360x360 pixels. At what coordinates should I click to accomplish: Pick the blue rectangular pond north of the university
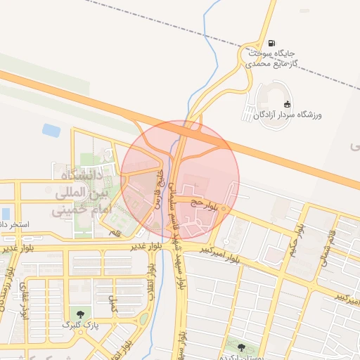pyautogui.click(x=51, y=130)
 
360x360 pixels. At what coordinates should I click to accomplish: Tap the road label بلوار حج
pyautogui.click(x=210, y=204)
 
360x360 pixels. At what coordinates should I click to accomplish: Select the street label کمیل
pyautogui.click(x=112, y=303)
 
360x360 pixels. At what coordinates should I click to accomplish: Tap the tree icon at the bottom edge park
pyautogui.click(x=242, y=347)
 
